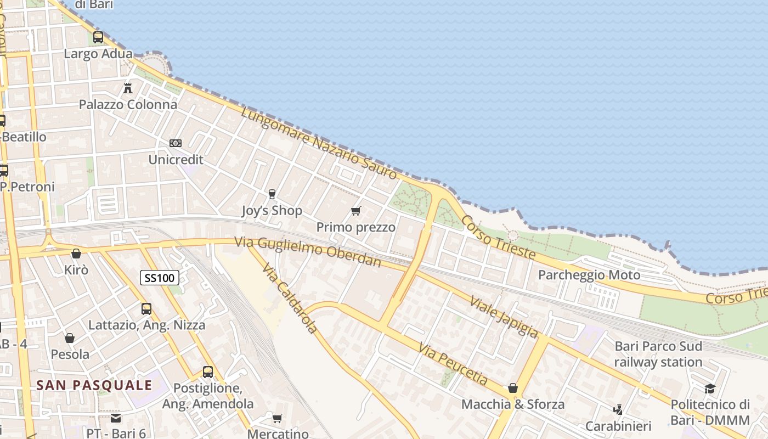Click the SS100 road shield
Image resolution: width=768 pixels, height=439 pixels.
click(160, 278)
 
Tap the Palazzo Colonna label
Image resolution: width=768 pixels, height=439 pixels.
click(128, 104)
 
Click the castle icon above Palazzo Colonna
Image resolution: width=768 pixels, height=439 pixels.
click(128, 88)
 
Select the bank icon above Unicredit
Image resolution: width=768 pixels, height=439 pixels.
click(176, 143)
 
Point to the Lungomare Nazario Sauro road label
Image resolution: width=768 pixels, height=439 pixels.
click(319, 144)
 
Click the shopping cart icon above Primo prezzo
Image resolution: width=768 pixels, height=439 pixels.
click(356, 211)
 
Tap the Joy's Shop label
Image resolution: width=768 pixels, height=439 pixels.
click(272, 211)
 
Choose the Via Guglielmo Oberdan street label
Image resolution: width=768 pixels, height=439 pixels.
click(308, 252)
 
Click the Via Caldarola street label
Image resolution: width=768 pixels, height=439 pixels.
click(289, 298)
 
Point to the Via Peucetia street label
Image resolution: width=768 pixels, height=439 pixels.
click(453, 363)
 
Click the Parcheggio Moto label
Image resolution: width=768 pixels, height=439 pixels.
click(589, 275)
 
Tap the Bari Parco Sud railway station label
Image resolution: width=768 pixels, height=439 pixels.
click(658, 354)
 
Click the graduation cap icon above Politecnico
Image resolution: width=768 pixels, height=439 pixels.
click(710, 389)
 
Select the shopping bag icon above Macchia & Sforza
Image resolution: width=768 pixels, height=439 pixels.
click(513, 389)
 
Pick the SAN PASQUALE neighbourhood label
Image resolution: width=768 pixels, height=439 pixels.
click(94, 385)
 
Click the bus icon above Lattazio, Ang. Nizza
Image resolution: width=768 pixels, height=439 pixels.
click(146, 308)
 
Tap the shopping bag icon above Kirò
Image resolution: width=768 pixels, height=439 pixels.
click(76, 254)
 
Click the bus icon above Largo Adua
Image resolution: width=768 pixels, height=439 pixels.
click(98, 37)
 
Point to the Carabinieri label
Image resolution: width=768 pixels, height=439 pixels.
click(618, 426)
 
